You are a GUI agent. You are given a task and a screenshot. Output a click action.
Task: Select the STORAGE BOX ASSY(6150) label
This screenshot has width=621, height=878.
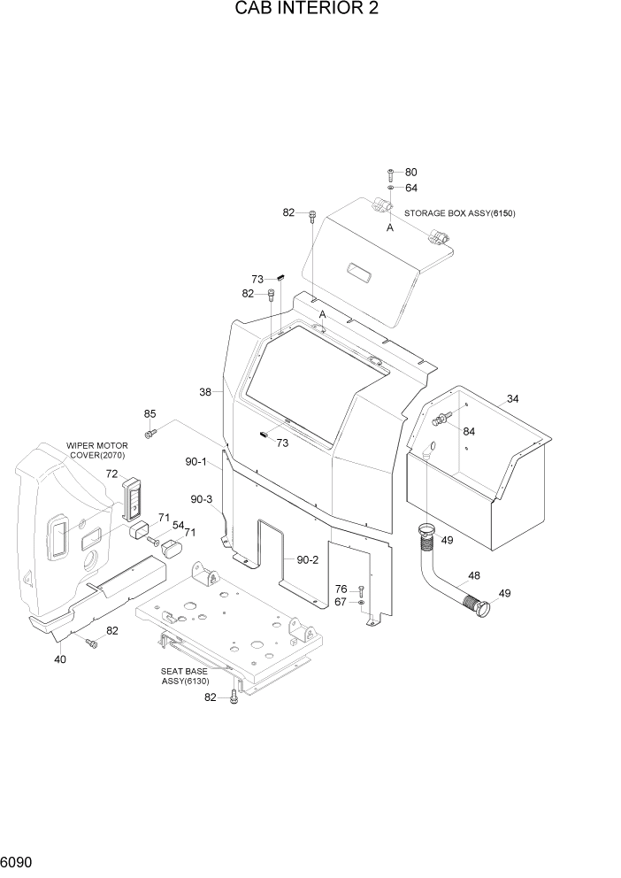pos(459,213)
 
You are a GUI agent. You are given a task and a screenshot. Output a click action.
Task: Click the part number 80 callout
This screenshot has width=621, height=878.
pos(410,172)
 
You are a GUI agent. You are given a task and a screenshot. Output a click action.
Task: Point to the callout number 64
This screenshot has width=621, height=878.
pos(411,188)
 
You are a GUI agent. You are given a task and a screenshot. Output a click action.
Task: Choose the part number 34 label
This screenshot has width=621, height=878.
pos(513,398)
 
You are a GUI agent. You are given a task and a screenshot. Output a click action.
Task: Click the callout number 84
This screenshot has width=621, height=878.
pos(469,431)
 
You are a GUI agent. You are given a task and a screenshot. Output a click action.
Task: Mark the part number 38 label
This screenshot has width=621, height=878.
pos(205,391)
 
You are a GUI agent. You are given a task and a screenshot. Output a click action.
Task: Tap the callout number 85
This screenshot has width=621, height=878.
pos(149,413)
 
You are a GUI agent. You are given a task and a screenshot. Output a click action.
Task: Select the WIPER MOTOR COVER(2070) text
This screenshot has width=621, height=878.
pos(97,451)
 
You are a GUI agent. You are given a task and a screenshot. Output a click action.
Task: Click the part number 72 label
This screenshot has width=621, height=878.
pos(112,474)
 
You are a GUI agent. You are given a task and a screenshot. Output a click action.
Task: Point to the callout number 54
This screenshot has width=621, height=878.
pos(178,526)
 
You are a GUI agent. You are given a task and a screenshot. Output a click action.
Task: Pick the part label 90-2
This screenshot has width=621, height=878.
pos(307,559)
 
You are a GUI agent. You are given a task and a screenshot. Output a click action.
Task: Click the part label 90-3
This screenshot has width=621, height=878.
pos(203,499)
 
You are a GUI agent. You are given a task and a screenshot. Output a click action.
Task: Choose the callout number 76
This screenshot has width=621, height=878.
pos(341,589)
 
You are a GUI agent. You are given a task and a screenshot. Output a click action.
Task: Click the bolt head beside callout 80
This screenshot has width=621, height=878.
pos(390,172)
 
